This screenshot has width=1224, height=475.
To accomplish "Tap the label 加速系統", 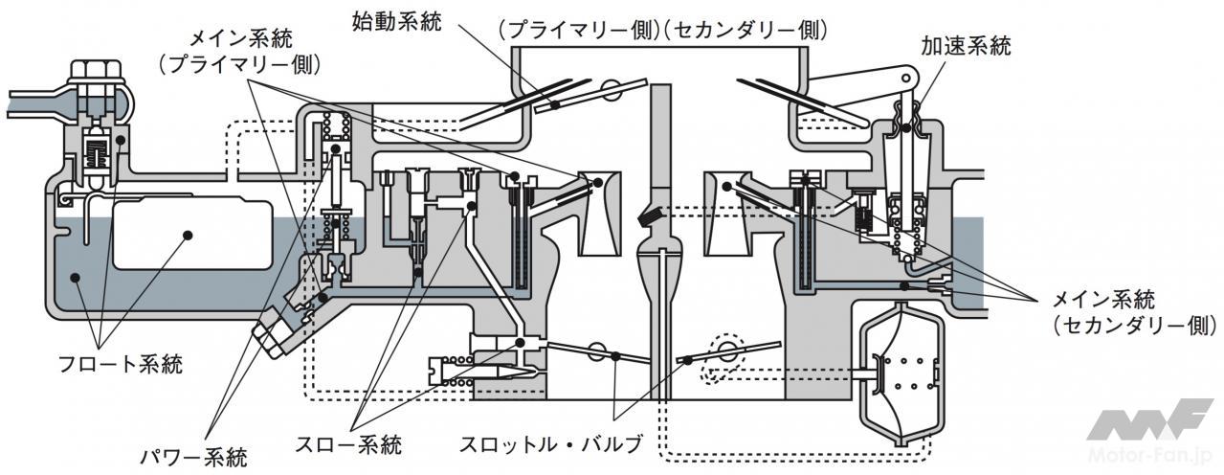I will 965,46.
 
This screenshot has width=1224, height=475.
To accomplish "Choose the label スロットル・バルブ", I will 550,445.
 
